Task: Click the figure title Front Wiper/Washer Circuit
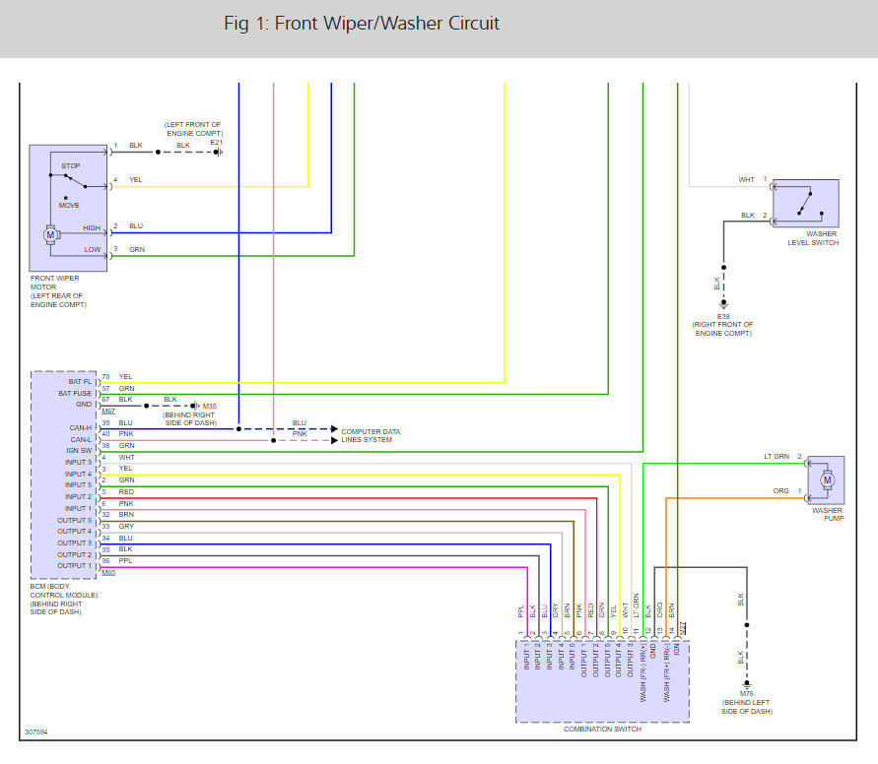coord(362,24)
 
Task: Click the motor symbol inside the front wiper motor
coord(49,234)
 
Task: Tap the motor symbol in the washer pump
coord(827,479)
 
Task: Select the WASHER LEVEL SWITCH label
coord(813,238)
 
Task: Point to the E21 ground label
coord(216,143)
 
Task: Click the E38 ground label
coord(722,316)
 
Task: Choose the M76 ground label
coord(746,693)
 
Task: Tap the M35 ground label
coord(209,405)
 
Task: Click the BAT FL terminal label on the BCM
coord(80,380)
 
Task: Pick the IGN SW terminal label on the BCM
coord(79,450)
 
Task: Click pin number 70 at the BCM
coord(105,376)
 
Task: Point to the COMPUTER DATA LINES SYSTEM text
coord(371,435)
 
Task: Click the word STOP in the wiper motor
coord(70,166)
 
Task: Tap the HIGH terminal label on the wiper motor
coord(91,228)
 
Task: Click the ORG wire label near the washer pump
coord(781,490)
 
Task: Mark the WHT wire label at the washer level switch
coord(747,180)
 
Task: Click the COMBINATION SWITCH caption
coord(602,730)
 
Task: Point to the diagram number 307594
coord(36,732)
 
